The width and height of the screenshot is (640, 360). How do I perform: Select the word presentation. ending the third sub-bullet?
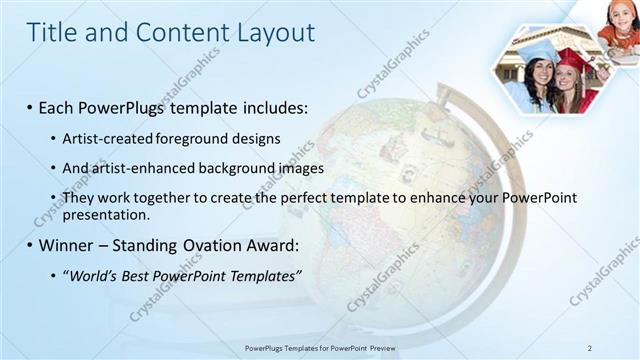[106, 214]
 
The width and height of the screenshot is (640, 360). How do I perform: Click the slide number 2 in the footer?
[590, 347]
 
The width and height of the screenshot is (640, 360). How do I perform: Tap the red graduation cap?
[575, 60]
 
